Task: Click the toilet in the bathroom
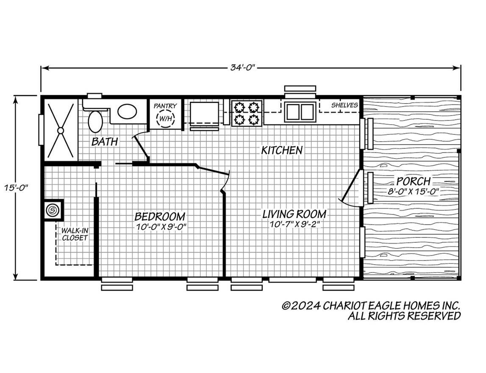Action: pyautogui.click(x=95, y=121)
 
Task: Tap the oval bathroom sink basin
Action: pyautogui.click(x=127, y=112)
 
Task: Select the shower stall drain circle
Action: pyautogui.click(x=61, y=131)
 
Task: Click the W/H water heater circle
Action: pyautogui.click(x=165, y=119)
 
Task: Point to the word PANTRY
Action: pyautogui.click(x=165, y=106)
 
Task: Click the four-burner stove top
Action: pyautogui.click(x=247, y=112)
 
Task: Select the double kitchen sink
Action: pyautogui.click(x=300, y=112)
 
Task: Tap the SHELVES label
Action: pyautogui.click(x=344, y=105)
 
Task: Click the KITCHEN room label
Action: pyautogui.click(x=282, y=150)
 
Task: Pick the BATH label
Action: pyautogui.click(x=105, y=142)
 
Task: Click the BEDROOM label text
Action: pyautogui.click(x=160, y=217)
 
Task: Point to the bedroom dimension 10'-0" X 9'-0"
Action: pyautogui.click(x=161, y=227)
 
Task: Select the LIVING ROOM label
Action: pyautogui.click(x=294, y=214)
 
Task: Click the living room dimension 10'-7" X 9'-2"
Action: pyautogui.click(x=294, y=224)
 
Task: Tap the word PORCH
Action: pyautogui.click(x=414, y=181)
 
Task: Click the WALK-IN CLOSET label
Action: pyautogui.click(x=75, y=234)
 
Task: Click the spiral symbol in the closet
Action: pyautogui.click(x=53, y=210)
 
